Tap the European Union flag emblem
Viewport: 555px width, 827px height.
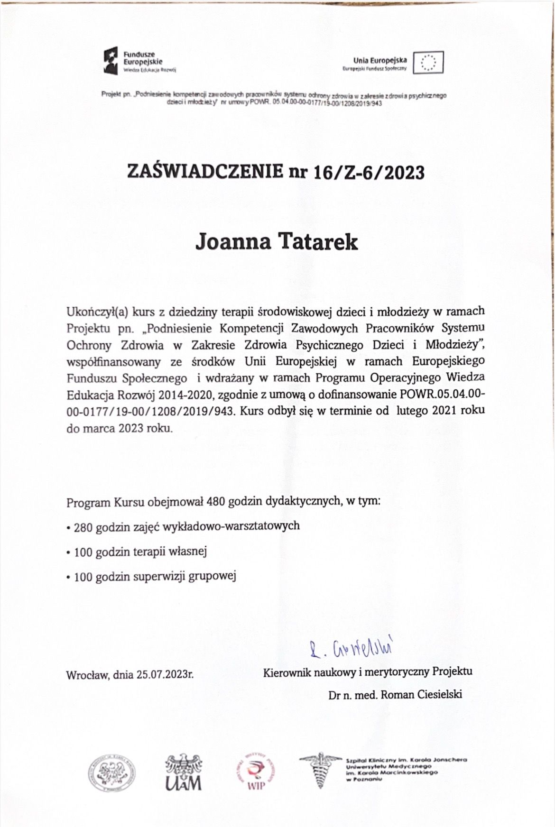point(428,62)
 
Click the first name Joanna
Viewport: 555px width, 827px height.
point(232,242)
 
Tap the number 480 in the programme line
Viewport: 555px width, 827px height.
point(216,502)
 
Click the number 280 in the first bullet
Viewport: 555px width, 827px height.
point(83,526)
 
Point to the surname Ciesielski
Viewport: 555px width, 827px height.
point(439,695)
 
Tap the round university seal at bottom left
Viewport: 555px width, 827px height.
point(111,771)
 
